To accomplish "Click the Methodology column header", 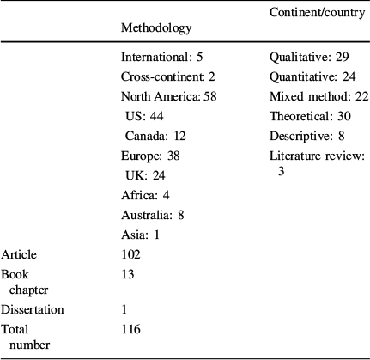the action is pyautogui.click(x=156, y=28).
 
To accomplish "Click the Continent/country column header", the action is pyautogui.click(x=316, y=14).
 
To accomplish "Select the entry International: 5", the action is pyautogui.click(x=161, y=59).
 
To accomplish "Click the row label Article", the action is pyautogui.click(x=19, y=254).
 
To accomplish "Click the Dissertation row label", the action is pyautogui.click(x=33, y=309).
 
